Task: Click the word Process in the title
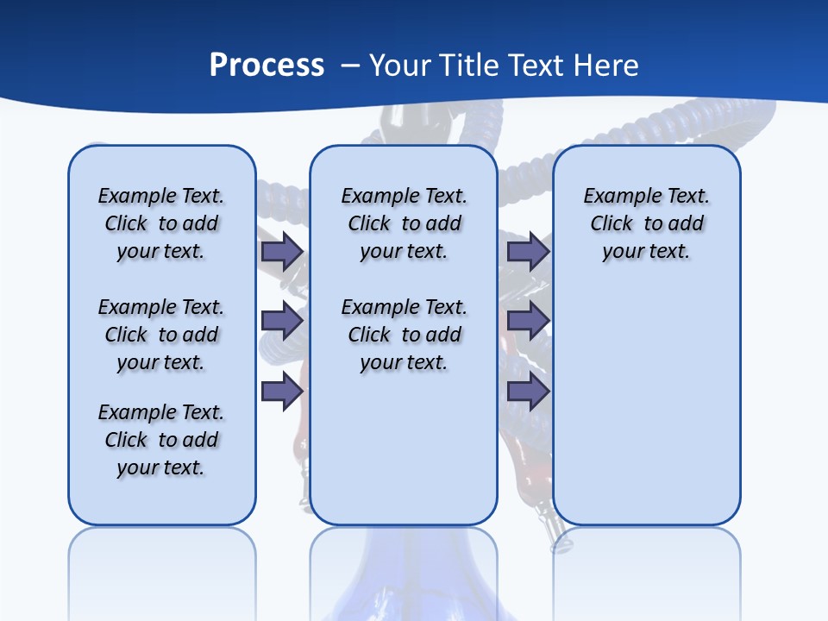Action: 267,65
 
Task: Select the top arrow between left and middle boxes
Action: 281,251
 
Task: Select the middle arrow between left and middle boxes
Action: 281,322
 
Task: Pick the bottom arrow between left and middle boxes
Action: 281,392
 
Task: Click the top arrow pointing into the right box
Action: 528,251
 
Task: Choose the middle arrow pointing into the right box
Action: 528,322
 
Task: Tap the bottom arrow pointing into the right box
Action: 528,392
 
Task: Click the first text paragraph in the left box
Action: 161,223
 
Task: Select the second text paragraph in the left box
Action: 161,335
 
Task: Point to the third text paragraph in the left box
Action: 161,440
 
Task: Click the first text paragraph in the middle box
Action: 404,223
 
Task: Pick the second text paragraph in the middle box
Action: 404,335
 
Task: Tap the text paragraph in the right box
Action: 646,223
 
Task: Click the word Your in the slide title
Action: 399,65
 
